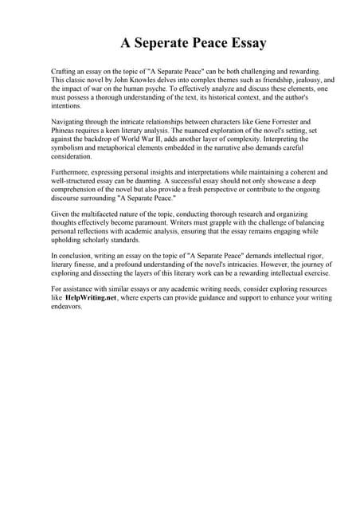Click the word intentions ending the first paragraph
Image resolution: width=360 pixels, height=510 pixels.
click(x=68, y=106)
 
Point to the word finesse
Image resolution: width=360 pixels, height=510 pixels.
click(x=92, y=264)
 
